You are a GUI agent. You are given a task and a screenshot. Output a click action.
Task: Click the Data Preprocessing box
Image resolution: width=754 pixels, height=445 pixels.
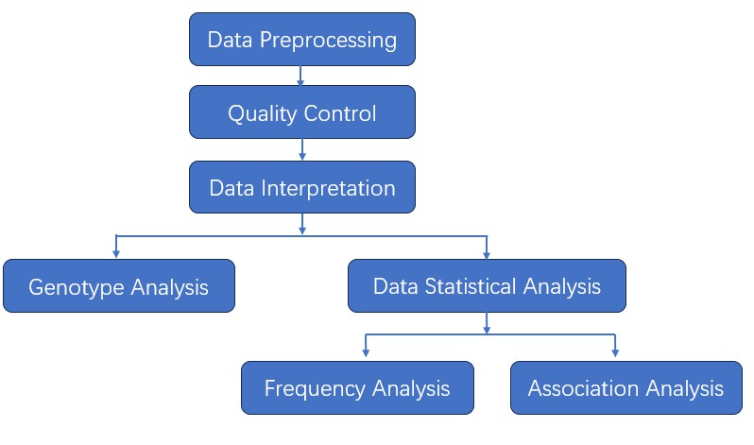301,40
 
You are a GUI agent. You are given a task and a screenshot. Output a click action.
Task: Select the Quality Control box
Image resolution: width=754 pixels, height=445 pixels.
301,112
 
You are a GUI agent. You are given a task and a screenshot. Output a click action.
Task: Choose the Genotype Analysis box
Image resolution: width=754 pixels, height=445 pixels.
118,286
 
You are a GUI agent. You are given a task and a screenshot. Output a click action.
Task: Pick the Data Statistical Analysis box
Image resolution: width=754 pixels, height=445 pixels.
487,286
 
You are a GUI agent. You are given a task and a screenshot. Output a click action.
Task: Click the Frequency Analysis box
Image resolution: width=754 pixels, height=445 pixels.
357,388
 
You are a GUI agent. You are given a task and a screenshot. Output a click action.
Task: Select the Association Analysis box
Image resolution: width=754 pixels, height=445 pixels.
625,388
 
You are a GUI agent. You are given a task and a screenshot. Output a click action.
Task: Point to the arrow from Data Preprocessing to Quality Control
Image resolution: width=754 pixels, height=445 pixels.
301,76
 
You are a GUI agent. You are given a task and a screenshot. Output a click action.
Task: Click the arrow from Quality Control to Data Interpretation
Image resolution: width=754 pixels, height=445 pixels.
301,149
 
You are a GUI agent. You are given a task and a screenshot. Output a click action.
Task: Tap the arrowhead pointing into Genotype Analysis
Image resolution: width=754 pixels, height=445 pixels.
115,253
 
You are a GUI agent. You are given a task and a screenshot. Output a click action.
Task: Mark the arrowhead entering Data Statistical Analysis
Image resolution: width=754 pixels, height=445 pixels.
487,253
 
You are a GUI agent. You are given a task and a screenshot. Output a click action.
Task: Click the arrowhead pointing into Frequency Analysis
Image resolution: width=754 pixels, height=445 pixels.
366,353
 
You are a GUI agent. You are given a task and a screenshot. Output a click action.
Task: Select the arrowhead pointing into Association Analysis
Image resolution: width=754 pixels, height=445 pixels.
615,353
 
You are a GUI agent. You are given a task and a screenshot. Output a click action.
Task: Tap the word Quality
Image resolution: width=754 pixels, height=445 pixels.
261,114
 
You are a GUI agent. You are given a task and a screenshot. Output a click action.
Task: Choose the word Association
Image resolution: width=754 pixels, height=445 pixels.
583,389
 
